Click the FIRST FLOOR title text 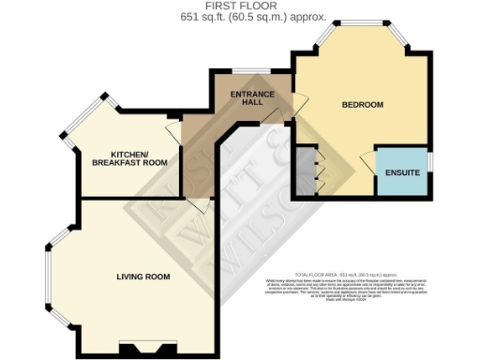coord(240,7)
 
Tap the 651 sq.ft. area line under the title coord(240,17)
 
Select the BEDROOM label coord(362,104)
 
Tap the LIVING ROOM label coord(142,277)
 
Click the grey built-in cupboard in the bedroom coord(306,170)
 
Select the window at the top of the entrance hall coord(248,70)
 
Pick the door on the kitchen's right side coord(177,130)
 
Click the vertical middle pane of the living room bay coord(48,277)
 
